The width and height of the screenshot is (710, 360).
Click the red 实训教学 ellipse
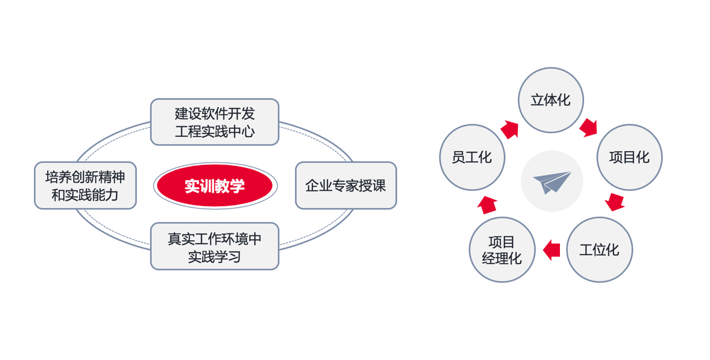pos(215,186)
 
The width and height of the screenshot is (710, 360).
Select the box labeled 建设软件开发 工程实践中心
pos(214,122)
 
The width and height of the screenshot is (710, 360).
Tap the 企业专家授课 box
pos(345,185)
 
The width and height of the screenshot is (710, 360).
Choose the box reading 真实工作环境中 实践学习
pos(214,246)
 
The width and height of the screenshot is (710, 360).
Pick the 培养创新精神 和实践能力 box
pos(85,185)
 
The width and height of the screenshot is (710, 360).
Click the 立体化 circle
pos(550,100)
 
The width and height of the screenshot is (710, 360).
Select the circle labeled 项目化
pos(629,157)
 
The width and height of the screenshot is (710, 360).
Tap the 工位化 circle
pos(599,250)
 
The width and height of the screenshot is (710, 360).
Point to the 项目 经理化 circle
pos(502,250)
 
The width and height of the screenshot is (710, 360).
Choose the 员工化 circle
pos(472,157)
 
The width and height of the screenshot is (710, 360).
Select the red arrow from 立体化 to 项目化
pos(588,127)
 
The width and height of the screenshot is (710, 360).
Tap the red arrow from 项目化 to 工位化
pos(615,202)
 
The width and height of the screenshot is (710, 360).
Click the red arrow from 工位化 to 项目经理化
pos(552,250)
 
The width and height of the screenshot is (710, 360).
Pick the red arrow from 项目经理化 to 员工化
pos(487,204)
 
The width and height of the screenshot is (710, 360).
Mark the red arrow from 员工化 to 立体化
pos(510,129)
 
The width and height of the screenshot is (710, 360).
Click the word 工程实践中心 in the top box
pos(214,132)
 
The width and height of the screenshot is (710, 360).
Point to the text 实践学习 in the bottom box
pos(214,256)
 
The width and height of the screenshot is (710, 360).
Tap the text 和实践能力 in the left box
pos(85,195)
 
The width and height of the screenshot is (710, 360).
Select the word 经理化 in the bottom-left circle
pos(502,258)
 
